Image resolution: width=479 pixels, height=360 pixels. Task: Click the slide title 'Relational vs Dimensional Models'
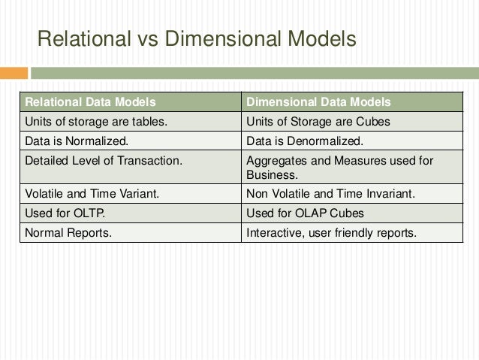point(196,38)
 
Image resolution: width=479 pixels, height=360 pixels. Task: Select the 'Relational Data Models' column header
point(91,102)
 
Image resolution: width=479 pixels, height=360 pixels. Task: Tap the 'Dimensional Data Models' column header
point(318,102)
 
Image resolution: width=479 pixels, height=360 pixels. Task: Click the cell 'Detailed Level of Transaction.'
point(98,159)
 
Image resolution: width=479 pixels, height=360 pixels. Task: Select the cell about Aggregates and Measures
point(339,167)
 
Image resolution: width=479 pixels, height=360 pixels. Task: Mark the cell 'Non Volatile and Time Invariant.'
point(330,195)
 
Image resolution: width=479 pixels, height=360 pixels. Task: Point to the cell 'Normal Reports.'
point(68,233)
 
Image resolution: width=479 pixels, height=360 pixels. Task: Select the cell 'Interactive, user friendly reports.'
point(331,233)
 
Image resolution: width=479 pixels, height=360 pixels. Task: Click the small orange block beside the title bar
point(14,74)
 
